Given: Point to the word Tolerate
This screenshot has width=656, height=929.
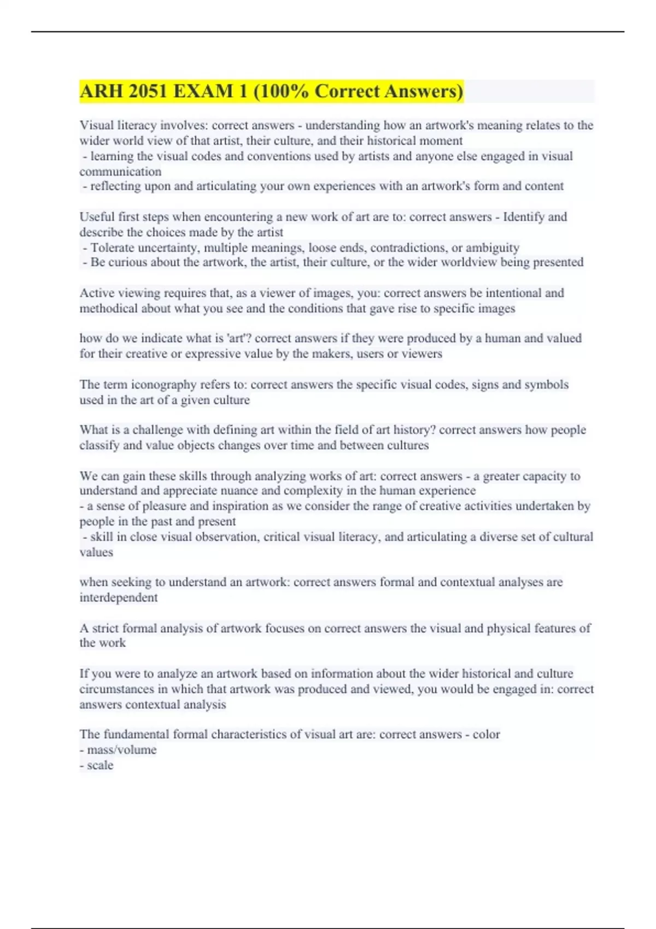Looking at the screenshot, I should tap(113, 248).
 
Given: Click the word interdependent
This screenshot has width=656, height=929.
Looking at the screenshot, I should tap(118, 597).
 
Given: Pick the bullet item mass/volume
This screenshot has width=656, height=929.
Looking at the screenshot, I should tap(121, 750).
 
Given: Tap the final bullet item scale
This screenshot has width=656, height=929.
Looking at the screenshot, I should tap(100, 765).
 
